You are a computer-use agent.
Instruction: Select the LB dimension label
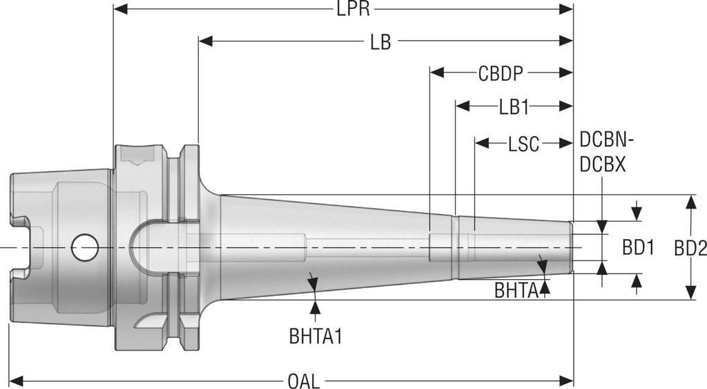pos(380,43)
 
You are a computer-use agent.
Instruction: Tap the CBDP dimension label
pos(501,73)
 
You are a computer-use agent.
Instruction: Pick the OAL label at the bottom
pos(304,381)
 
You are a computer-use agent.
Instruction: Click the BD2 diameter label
pos(690,248)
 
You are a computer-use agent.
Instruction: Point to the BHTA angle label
pos(516,290)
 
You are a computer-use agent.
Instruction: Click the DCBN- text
pos(606,141)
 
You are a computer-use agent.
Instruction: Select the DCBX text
pos(603,166)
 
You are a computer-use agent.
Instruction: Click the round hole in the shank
pos(84,247)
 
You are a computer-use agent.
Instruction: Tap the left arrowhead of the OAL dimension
pos(15,381)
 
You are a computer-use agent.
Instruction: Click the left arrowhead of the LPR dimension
pos(119,10)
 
